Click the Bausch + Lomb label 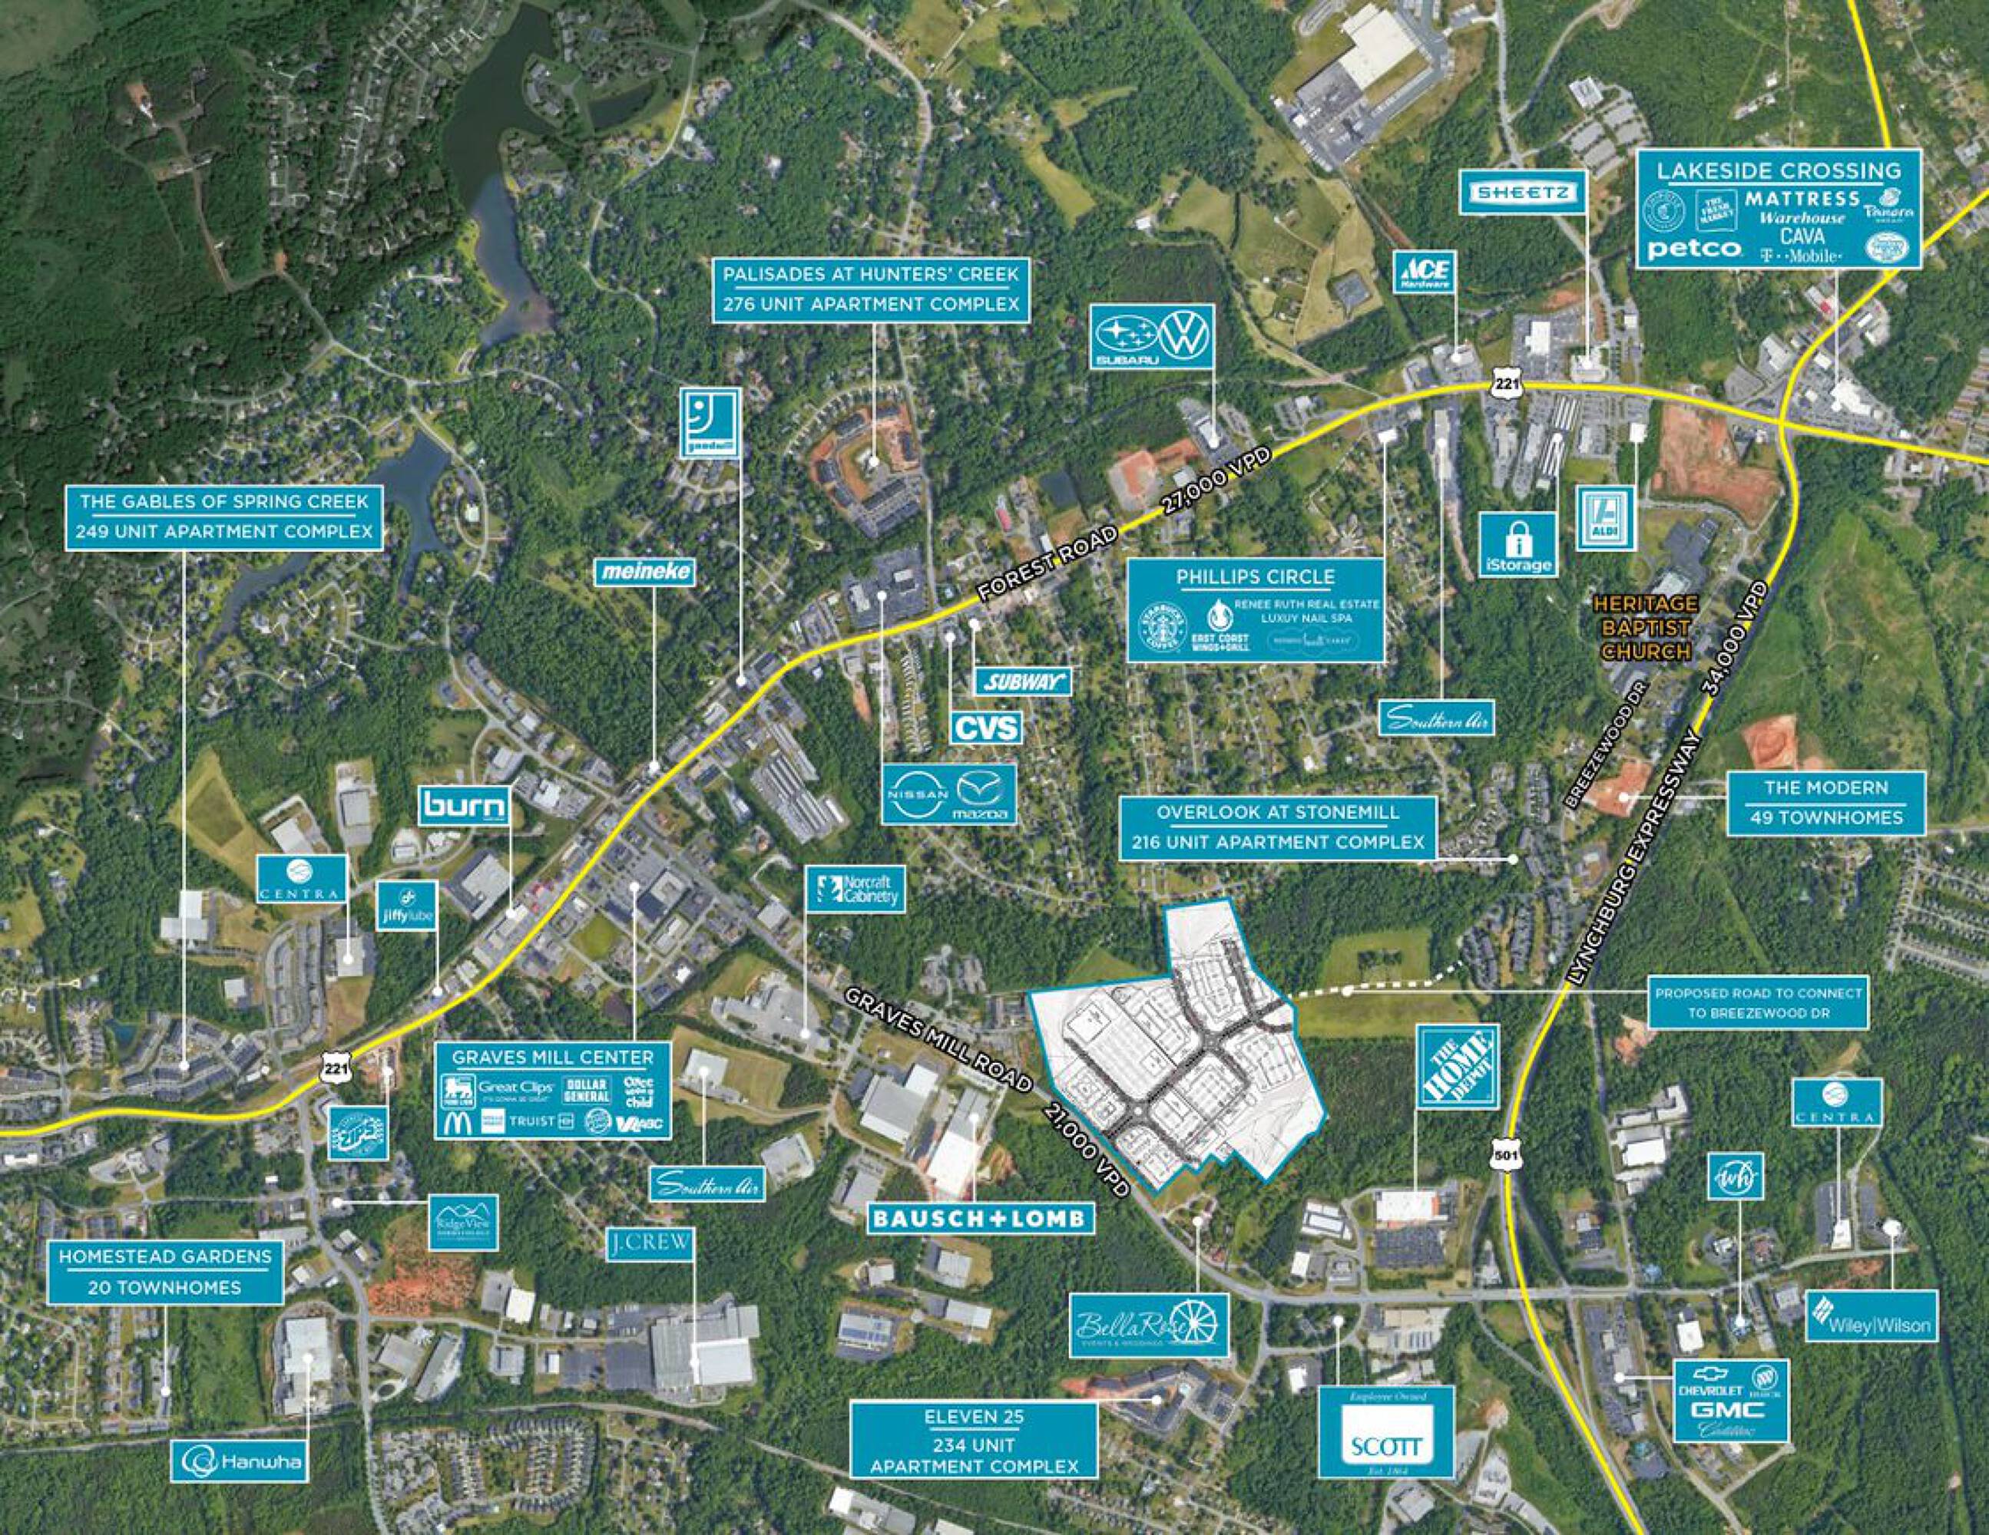(x=980, y=1217)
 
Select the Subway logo (x=1023, y=681)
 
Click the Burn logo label (x=465, y=805)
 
